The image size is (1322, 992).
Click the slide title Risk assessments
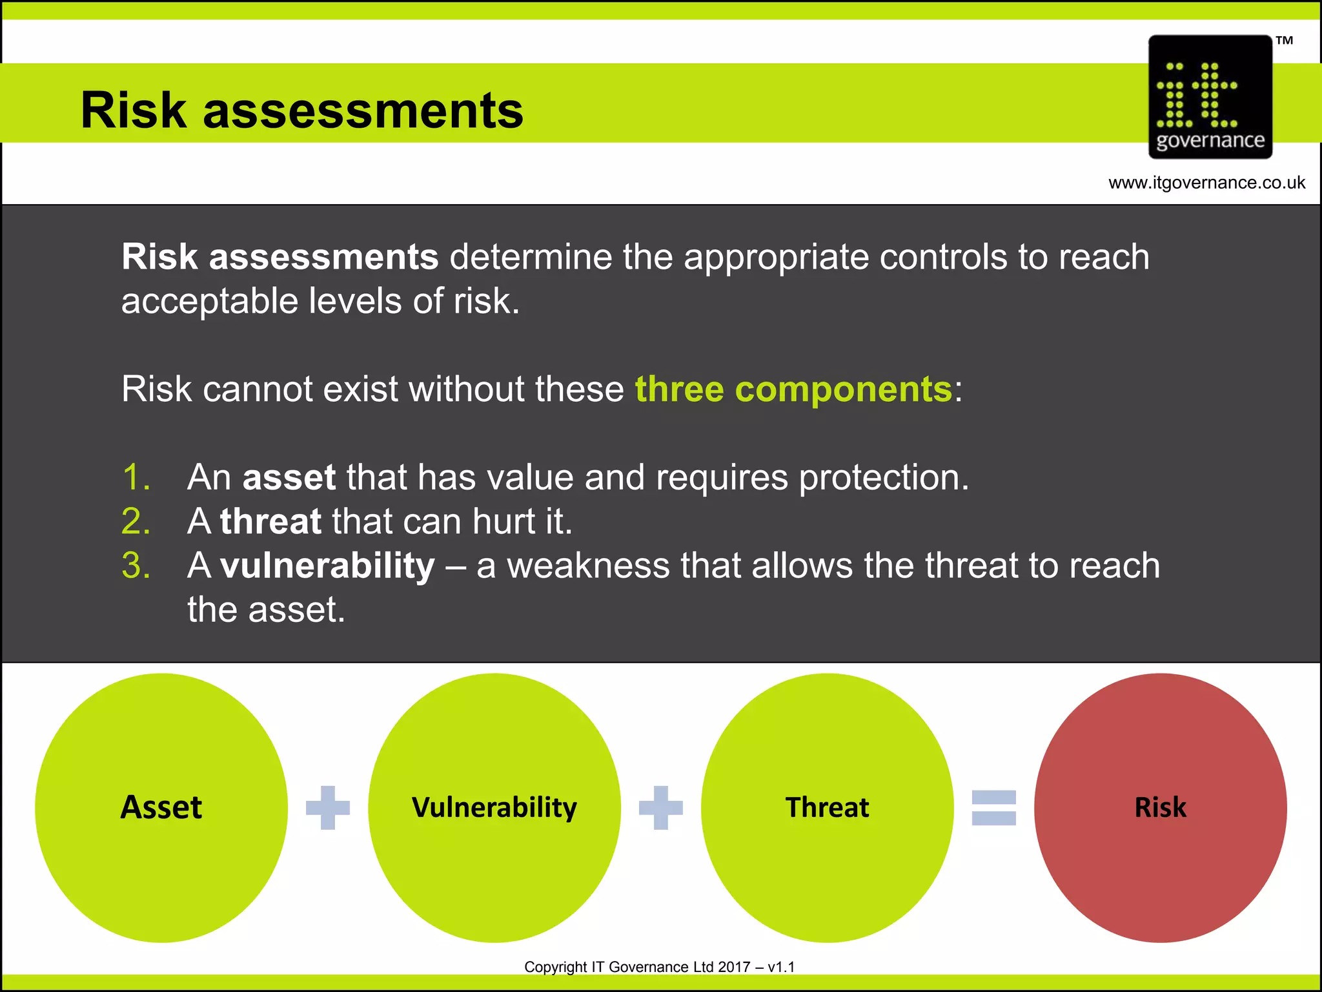pos(301,110)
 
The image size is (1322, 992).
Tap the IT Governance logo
pos(1210,97)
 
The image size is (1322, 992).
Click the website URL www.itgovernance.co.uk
pos(1206,183)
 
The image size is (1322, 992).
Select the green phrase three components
pos(793,389)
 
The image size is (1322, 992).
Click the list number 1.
pos(136,477)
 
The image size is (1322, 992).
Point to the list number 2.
pos(136,521)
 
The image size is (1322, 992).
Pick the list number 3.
pos(136,566)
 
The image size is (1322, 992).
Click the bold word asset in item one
pos(289,477)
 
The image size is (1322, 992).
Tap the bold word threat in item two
pos(270,521)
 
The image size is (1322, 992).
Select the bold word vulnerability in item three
pos(327,566)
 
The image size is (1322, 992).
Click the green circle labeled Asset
pos(161,807)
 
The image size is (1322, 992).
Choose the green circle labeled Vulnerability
pos(494,807)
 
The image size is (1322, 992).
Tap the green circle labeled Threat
pos(827,807)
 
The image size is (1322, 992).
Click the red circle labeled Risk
pos(1160,807)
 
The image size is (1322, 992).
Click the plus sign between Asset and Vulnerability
pos(328,807)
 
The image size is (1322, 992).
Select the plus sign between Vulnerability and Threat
pos(661,807)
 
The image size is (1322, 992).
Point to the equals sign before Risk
pos(993,807)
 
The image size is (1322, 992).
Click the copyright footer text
pos(659,967)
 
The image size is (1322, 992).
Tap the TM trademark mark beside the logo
pos(1284,41)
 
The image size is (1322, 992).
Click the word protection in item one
pos(884,477)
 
